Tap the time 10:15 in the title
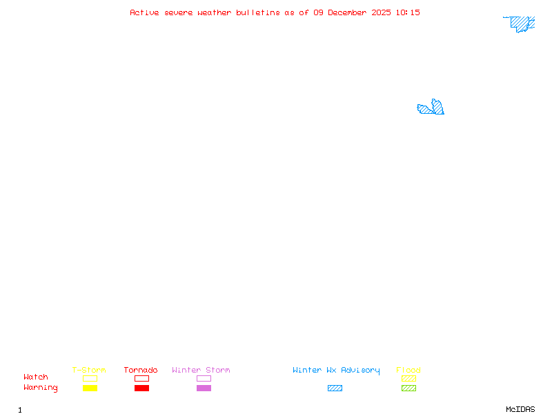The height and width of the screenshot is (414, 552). point(408,12)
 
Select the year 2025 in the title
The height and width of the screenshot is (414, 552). point(384,12)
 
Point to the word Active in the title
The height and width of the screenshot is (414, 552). point(144,12)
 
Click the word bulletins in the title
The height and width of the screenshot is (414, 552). point(258,12)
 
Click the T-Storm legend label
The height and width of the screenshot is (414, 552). point(89,370)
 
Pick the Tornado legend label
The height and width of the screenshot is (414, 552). point(141,370)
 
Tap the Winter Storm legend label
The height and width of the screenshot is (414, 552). point(201,370)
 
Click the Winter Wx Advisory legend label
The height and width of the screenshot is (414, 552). point(336,370)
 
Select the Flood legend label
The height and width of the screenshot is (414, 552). point(408,370)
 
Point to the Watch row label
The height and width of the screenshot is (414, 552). point(36,377)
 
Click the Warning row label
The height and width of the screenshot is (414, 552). point(41,388)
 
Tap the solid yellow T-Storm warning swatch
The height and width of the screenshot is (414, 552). point(90,388)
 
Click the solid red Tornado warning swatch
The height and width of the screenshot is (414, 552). point(141,388)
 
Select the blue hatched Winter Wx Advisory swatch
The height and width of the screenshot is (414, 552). point(335,388)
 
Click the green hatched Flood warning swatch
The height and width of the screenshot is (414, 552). point(408,388)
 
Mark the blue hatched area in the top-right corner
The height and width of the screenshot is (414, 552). point(522,23)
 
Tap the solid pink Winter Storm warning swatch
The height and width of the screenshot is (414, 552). point(204,388)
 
